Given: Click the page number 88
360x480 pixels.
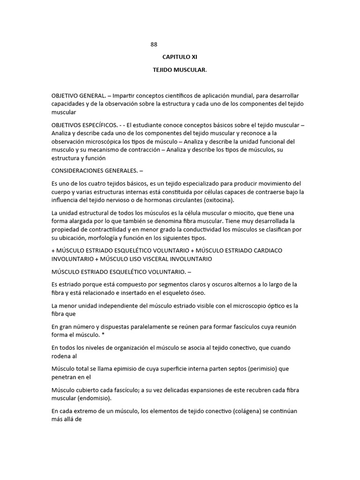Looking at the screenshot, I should (154, 45).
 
